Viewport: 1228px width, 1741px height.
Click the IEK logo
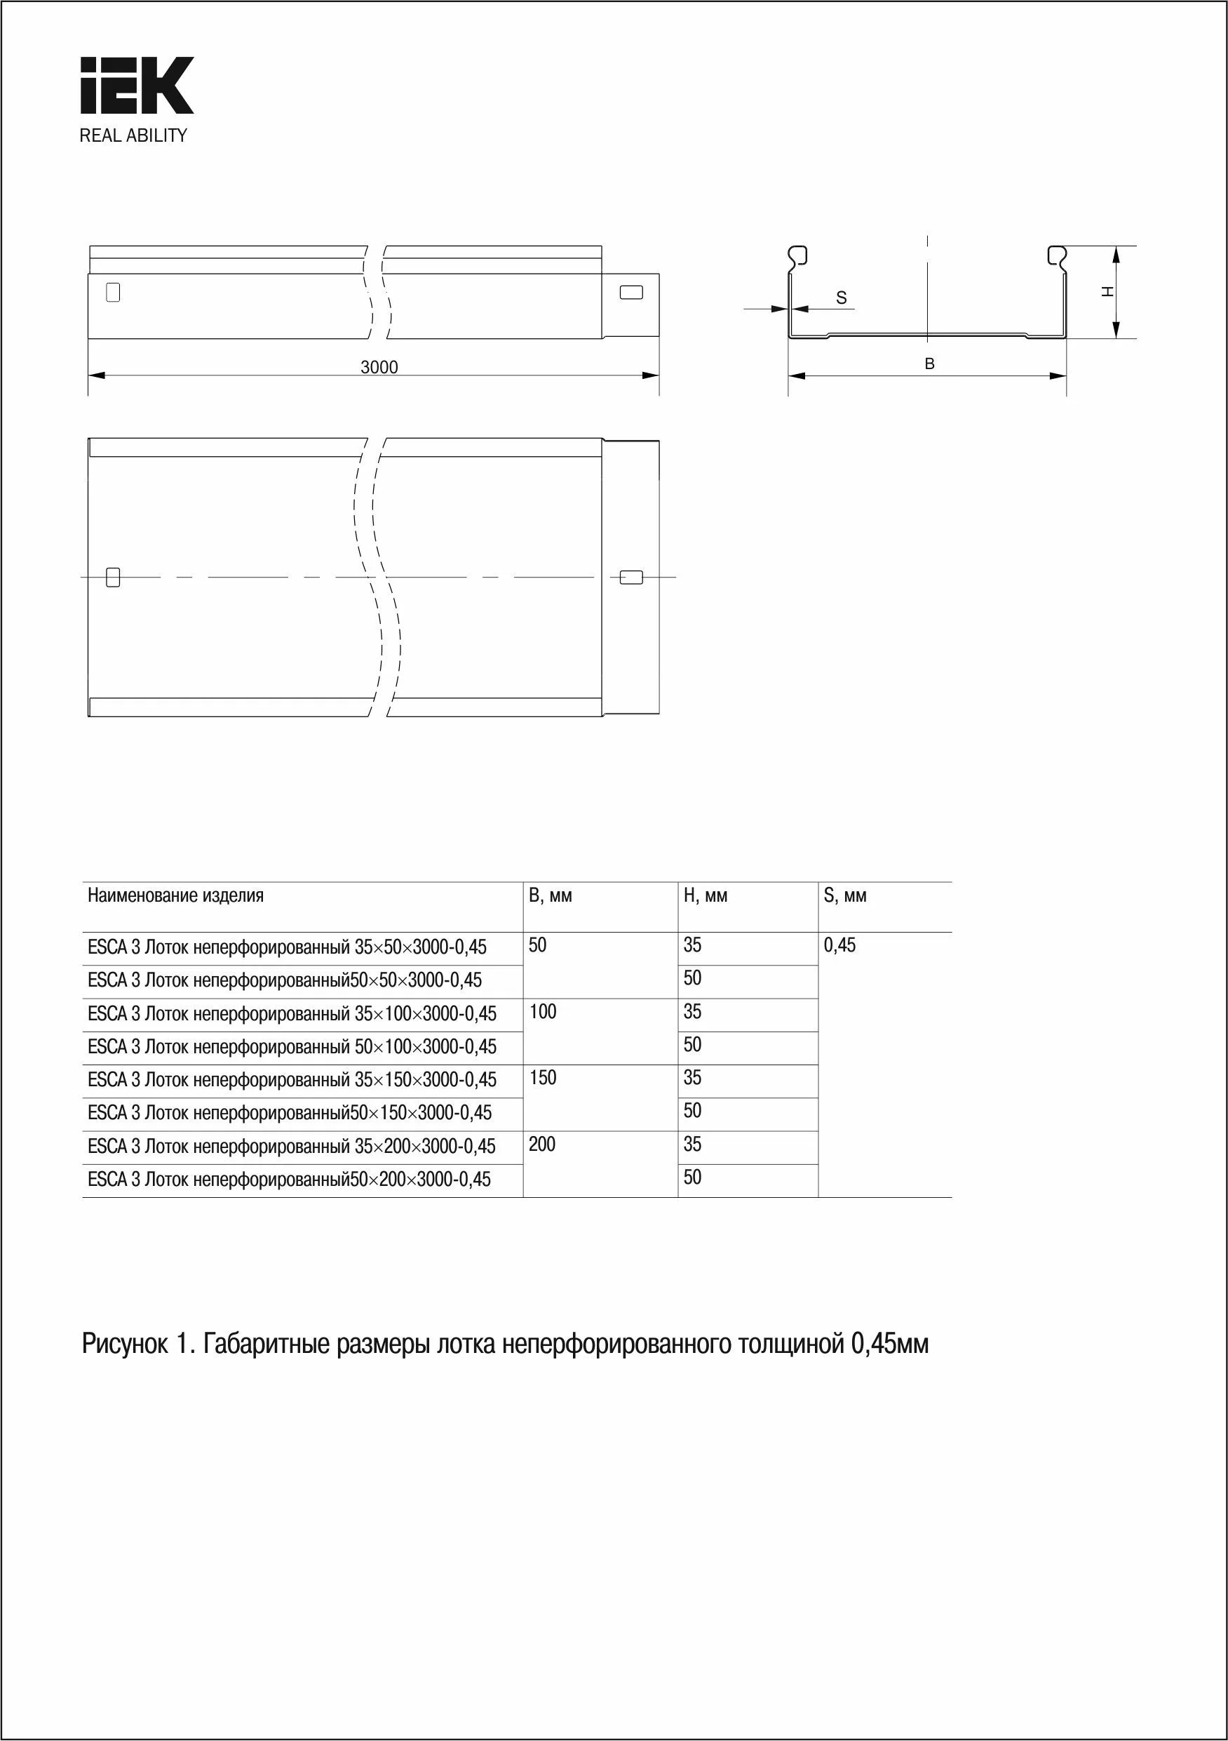(x=137, y=85)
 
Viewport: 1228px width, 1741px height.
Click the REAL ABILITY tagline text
(x=133, y=135)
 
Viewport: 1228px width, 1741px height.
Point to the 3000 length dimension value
(x=379, y=367)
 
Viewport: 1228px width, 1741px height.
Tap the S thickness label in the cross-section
(x=842, y=298)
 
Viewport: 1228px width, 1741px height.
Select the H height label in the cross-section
(x=1107, y=291)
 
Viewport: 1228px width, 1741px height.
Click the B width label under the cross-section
(x=929, y=364)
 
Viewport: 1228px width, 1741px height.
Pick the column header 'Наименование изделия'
(x=176, y=895)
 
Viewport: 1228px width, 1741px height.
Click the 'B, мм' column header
(x=551, y=895)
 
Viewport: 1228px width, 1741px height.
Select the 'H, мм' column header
(x=705, y=895)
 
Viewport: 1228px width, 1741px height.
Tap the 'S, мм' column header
(x=844, y=895)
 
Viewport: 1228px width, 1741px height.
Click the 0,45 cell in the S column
(x=840, y=945)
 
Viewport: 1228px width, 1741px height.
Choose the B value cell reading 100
(x=543, y=1011)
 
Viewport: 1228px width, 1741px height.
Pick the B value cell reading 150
(x=543, y=1077)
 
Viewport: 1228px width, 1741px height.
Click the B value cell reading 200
(x=543, y=1145)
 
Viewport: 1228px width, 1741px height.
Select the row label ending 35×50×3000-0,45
(x=288, y=947)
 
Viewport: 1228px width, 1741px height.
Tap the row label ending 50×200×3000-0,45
(x=290, y=1179)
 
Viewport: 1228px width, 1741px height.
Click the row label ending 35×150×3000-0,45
(x=292, y=1080)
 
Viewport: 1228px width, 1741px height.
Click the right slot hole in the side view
(x=631, y=292)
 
